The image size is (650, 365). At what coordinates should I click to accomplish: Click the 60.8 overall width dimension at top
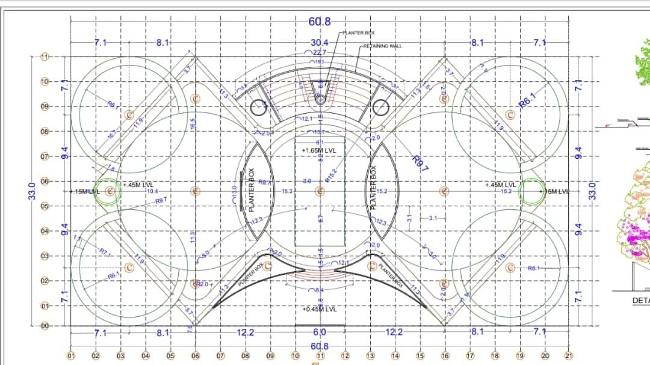click(x=320, y=22)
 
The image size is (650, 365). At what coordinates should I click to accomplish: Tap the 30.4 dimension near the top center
click(x=320, y=43)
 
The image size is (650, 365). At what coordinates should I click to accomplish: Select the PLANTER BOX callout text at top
click(x=359, y=33)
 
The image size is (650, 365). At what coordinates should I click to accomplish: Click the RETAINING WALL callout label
click(x=383, y=46)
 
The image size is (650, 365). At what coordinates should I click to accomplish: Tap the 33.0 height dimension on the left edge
click(x=33, y=191)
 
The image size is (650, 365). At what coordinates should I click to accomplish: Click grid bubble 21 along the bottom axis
click(x=569, y=355)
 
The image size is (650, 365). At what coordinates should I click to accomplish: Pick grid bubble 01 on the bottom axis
click(x=70, y=355)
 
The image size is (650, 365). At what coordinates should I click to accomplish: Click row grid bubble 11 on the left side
click(x=45, y=57)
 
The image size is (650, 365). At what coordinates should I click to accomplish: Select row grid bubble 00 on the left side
click(x=45, y=326)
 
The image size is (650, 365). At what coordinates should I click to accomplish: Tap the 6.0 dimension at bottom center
click(x=320, y=333)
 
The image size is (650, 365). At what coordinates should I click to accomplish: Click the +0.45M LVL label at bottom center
click(x=320, y=309)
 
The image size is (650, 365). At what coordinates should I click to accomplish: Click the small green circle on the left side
click(x=108, y=191)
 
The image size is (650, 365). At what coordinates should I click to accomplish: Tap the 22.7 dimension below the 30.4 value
click(x=320, y=53)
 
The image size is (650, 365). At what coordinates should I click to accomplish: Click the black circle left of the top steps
click(x=259, y=108)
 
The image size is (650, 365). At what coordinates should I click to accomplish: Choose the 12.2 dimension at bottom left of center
click(x=245, y=333)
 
